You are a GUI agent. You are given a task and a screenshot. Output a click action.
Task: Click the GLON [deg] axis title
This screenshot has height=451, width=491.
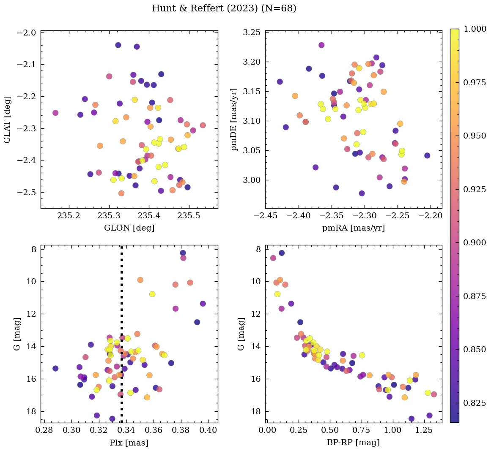[129, 228]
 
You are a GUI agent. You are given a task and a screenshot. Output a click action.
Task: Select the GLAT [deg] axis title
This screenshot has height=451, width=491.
[8, 120]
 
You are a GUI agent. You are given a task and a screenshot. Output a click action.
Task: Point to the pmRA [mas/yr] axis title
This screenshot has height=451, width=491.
[354, 228]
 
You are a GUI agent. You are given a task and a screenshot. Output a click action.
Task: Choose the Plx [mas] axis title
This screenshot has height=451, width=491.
[129, 443]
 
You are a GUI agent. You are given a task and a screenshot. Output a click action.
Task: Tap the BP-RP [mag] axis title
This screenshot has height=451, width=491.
[354, 443]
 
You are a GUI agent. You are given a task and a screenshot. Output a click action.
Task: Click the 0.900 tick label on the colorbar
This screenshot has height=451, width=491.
[475, 242]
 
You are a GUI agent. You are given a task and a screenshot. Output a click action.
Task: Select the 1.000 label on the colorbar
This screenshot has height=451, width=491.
[475, 29]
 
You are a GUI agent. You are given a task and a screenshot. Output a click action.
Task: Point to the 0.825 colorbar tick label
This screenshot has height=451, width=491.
[475, 403]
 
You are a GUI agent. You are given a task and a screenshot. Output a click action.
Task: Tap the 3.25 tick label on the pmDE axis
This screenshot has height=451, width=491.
[252, 33]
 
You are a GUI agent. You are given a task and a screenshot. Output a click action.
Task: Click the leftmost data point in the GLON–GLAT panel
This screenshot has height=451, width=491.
[55, 113]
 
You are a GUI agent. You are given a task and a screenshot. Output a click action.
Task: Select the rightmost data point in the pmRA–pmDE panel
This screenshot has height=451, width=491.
[427, 155]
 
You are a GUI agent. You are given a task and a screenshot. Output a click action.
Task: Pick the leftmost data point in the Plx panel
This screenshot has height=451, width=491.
[55, 368]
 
